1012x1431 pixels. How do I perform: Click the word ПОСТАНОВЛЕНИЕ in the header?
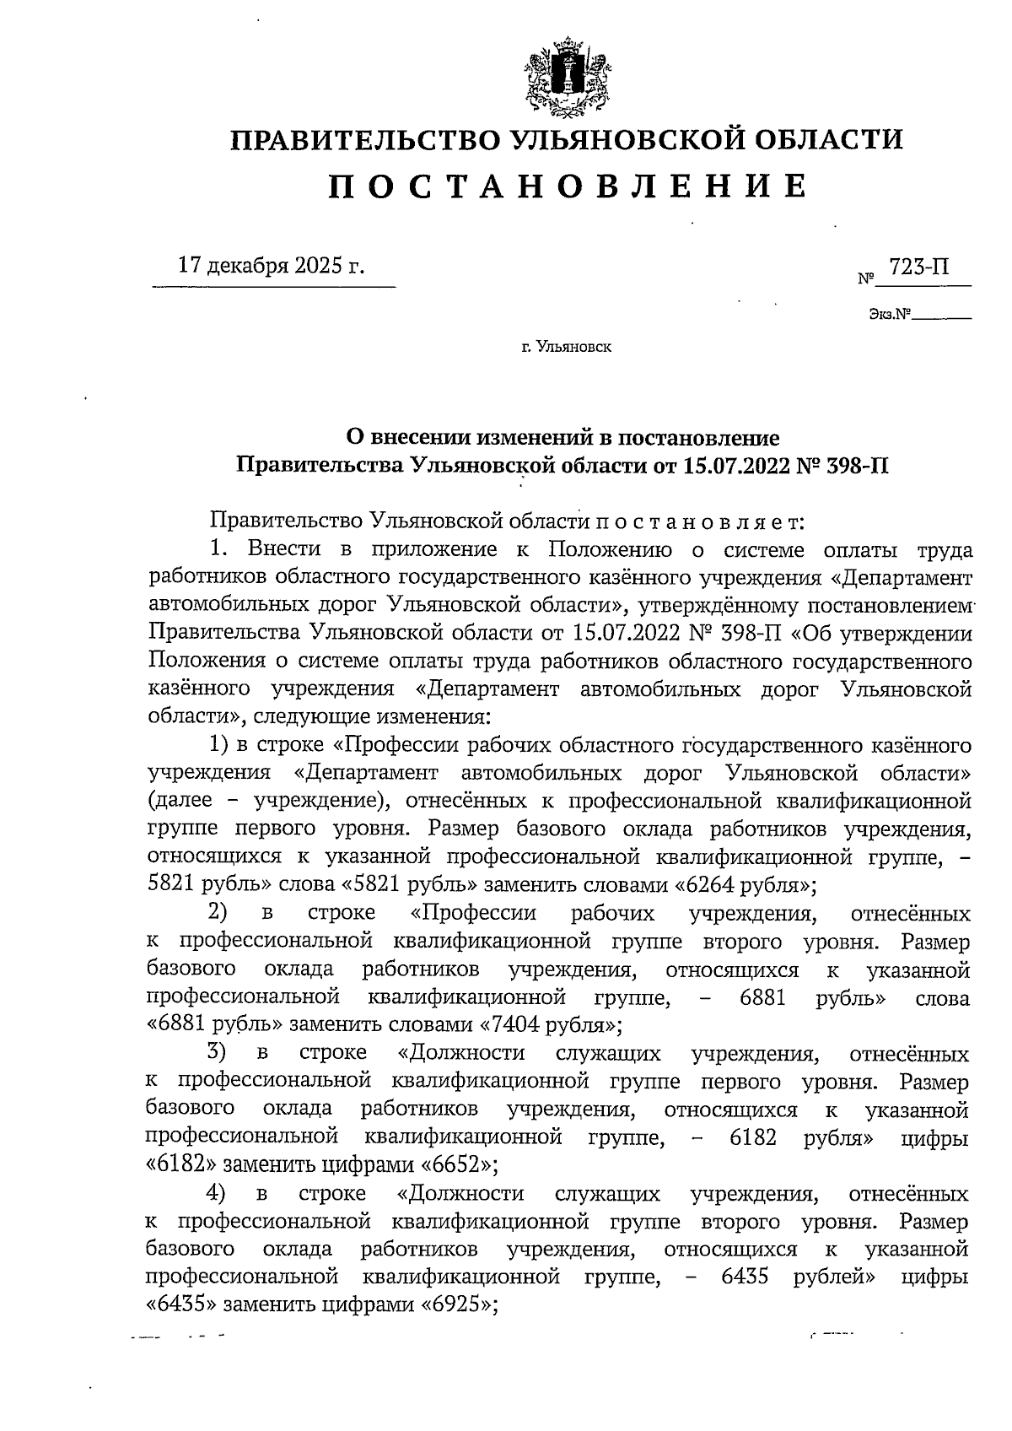coord(567,186)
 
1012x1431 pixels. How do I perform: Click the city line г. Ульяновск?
coord(567,346)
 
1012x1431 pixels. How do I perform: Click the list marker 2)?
coord(218,914)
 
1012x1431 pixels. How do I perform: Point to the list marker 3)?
coord(218,1054)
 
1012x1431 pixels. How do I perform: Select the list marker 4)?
coord(218,1194)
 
